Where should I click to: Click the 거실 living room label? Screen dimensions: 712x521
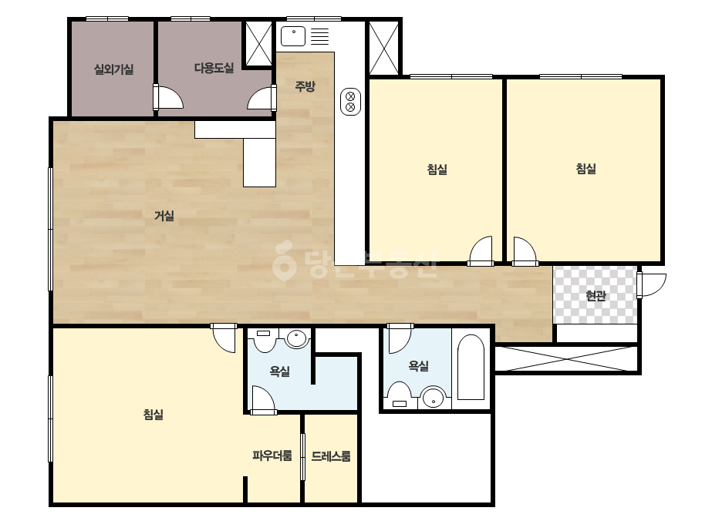pos(164,216)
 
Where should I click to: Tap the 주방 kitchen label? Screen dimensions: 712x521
pos(305,86)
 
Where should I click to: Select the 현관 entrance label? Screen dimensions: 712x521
pos(596,296)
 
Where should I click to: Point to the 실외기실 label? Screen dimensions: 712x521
pos(113,69)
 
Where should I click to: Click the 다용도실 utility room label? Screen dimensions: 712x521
pos(214,68)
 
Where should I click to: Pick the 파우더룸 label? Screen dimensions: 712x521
pos(272,455)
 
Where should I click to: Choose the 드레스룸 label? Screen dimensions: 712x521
pos(331,456)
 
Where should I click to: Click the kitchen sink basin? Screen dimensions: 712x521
pos(293,36)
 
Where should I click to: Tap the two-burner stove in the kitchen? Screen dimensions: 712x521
pos(350,102)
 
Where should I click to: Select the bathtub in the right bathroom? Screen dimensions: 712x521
pos(471,368)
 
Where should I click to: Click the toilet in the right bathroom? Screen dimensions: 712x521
pos(399,395)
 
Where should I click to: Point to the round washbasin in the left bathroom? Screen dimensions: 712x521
pos(297,338)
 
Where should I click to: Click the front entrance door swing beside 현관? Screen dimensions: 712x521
pos(652,284)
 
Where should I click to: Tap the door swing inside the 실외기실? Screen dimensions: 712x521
pos(168,96)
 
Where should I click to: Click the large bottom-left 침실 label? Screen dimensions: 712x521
pos(153,415)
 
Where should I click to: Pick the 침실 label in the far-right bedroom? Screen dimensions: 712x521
pos(585,169)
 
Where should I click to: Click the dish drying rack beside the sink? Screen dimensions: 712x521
pos(319,36)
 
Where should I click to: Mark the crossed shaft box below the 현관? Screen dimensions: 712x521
pos(567,359)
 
